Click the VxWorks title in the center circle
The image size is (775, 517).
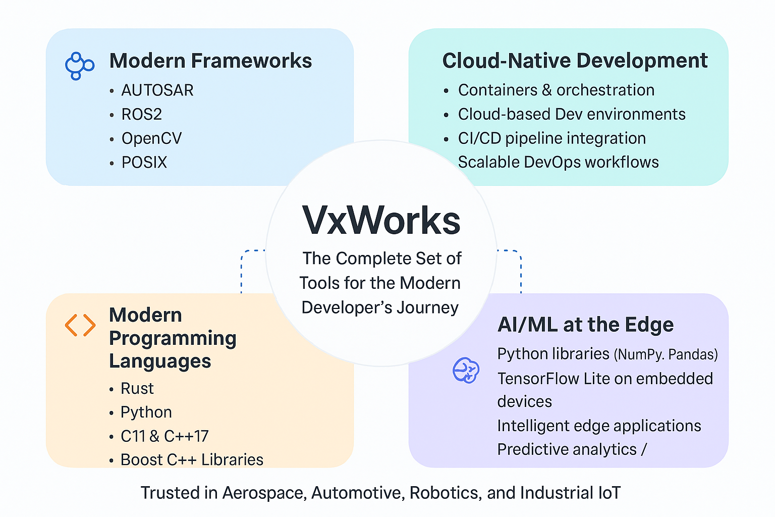381,221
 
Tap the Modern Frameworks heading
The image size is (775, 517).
210,61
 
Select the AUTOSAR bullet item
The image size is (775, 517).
157,90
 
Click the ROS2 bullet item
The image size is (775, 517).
142,115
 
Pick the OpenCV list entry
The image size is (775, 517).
151,138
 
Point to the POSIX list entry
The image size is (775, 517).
144,163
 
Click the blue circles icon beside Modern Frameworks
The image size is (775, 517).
79,66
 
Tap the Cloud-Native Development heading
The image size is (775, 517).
575,61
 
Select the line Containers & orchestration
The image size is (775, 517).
556,90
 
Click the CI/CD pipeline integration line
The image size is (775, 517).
551,138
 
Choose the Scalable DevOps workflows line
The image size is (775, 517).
558,162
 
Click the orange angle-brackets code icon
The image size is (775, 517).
80,325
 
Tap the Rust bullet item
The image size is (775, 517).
137,388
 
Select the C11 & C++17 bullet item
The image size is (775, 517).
164,436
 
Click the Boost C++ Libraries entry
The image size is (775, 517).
192,460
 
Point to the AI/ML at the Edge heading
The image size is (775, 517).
585,325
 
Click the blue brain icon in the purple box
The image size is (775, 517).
466,370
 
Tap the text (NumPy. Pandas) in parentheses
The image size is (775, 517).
666,355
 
